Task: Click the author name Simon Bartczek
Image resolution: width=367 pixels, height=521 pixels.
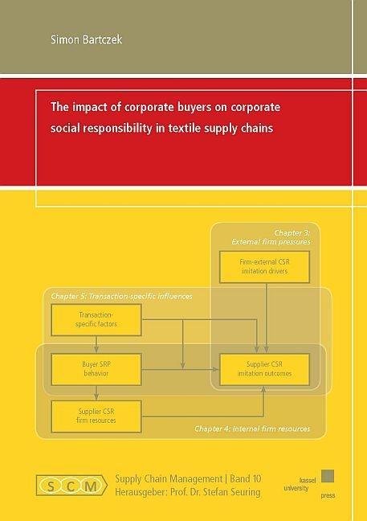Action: pyautogui.click(x=86, y=39)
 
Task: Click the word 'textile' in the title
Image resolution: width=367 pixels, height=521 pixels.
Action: pyautogui.click(x=184, y=129)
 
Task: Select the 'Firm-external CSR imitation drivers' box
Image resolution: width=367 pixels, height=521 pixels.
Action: pyautogui.click(x=264, y=267)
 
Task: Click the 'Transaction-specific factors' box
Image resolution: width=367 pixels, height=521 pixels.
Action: pyautogui.click(x=96, y=320)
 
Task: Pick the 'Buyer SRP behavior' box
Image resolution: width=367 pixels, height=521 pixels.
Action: pyautogui.click(x=96, y=369)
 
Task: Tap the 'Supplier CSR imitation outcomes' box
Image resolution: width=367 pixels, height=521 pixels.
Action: pyautogui.click(x=264, y=369)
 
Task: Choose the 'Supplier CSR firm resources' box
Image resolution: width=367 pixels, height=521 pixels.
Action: pyautogui.click(x=96, y=416)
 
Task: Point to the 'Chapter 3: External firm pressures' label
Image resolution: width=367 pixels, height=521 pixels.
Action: pyautogui.click(x=271, y=237)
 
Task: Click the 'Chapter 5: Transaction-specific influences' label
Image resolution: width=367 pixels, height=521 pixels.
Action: pyautogui.click(x=121, y=296)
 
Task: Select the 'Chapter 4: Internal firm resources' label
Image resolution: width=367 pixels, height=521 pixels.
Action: pyautogui.click(x=252, y=429)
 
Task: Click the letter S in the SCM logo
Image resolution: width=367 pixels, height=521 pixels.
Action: pyautogui.click(x=51, y=486)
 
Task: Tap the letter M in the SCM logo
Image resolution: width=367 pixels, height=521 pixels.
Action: pyautogui.click(x=91, y=486)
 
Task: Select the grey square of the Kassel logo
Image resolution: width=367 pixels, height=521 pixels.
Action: pyautogui.click(x=328, y=476)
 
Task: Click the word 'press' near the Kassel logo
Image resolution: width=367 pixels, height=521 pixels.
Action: pyautogui.click(x=328, y=496)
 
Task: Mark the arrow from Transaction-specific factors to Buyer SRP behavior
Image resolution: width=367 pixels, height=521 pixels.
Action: pyautogui.click(x=96, y=345)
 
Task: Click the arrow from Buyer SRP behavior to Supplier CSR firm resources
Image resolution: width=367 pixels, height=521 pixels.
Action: pyautogui.click(x=96, y=392)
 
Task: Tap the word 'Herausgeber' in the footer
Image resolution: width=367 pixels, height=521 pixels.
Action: pyautogui.click(x=141, y=492)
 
